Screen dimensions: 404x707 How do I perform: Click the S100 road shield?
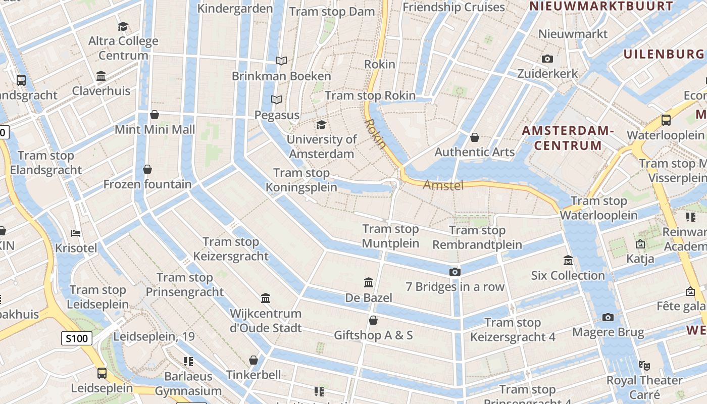coord(77,338)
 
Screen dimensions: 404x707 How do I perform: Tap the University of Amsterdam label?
coord(322,146)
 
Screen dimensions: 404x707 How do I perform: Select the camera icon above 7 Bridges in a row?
coord(455,272)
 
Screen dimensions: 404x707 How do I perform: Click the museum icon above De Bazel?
coord(369,282)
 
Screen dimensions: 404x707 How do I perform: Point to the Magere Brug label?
coord(608,332)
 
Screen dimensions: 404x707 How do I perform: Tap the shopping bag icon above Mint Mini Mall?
coord(155,115)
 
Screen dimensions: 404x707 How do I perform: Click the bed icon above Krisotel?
coord(76,233)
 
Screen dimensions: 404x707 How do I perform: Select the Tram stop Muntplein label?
coord(391,236)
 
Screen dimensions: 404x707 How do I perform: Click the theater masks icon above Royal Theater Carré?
coord(644,365)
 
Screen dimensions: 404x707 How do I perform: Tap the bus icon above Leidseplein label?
coord(102,373)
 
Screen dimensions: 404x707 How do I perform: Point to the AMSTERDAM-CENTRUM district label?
coord(568,138)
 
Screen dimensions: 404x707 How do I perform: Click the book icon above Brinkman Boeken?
coord(281,61)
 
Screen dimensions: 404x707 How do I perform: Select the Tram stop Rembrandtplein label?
coord(477,237)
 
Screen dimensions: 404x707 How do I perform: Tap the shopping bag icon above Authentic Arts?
coord(475,137)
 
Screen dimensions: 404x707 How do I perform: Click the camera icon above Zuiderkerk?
coord(547,59)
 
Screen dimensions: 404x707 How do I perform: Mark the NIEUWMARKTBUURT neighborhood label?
coord(600,7)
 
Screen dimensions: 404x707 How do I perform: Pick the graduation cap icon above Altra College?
coord(123,26)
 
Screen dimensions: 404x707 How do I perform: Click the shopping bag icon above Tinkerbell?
coord(254,360)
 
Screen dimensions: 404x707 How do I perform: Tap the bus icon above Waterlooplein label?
coord(666,120)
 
